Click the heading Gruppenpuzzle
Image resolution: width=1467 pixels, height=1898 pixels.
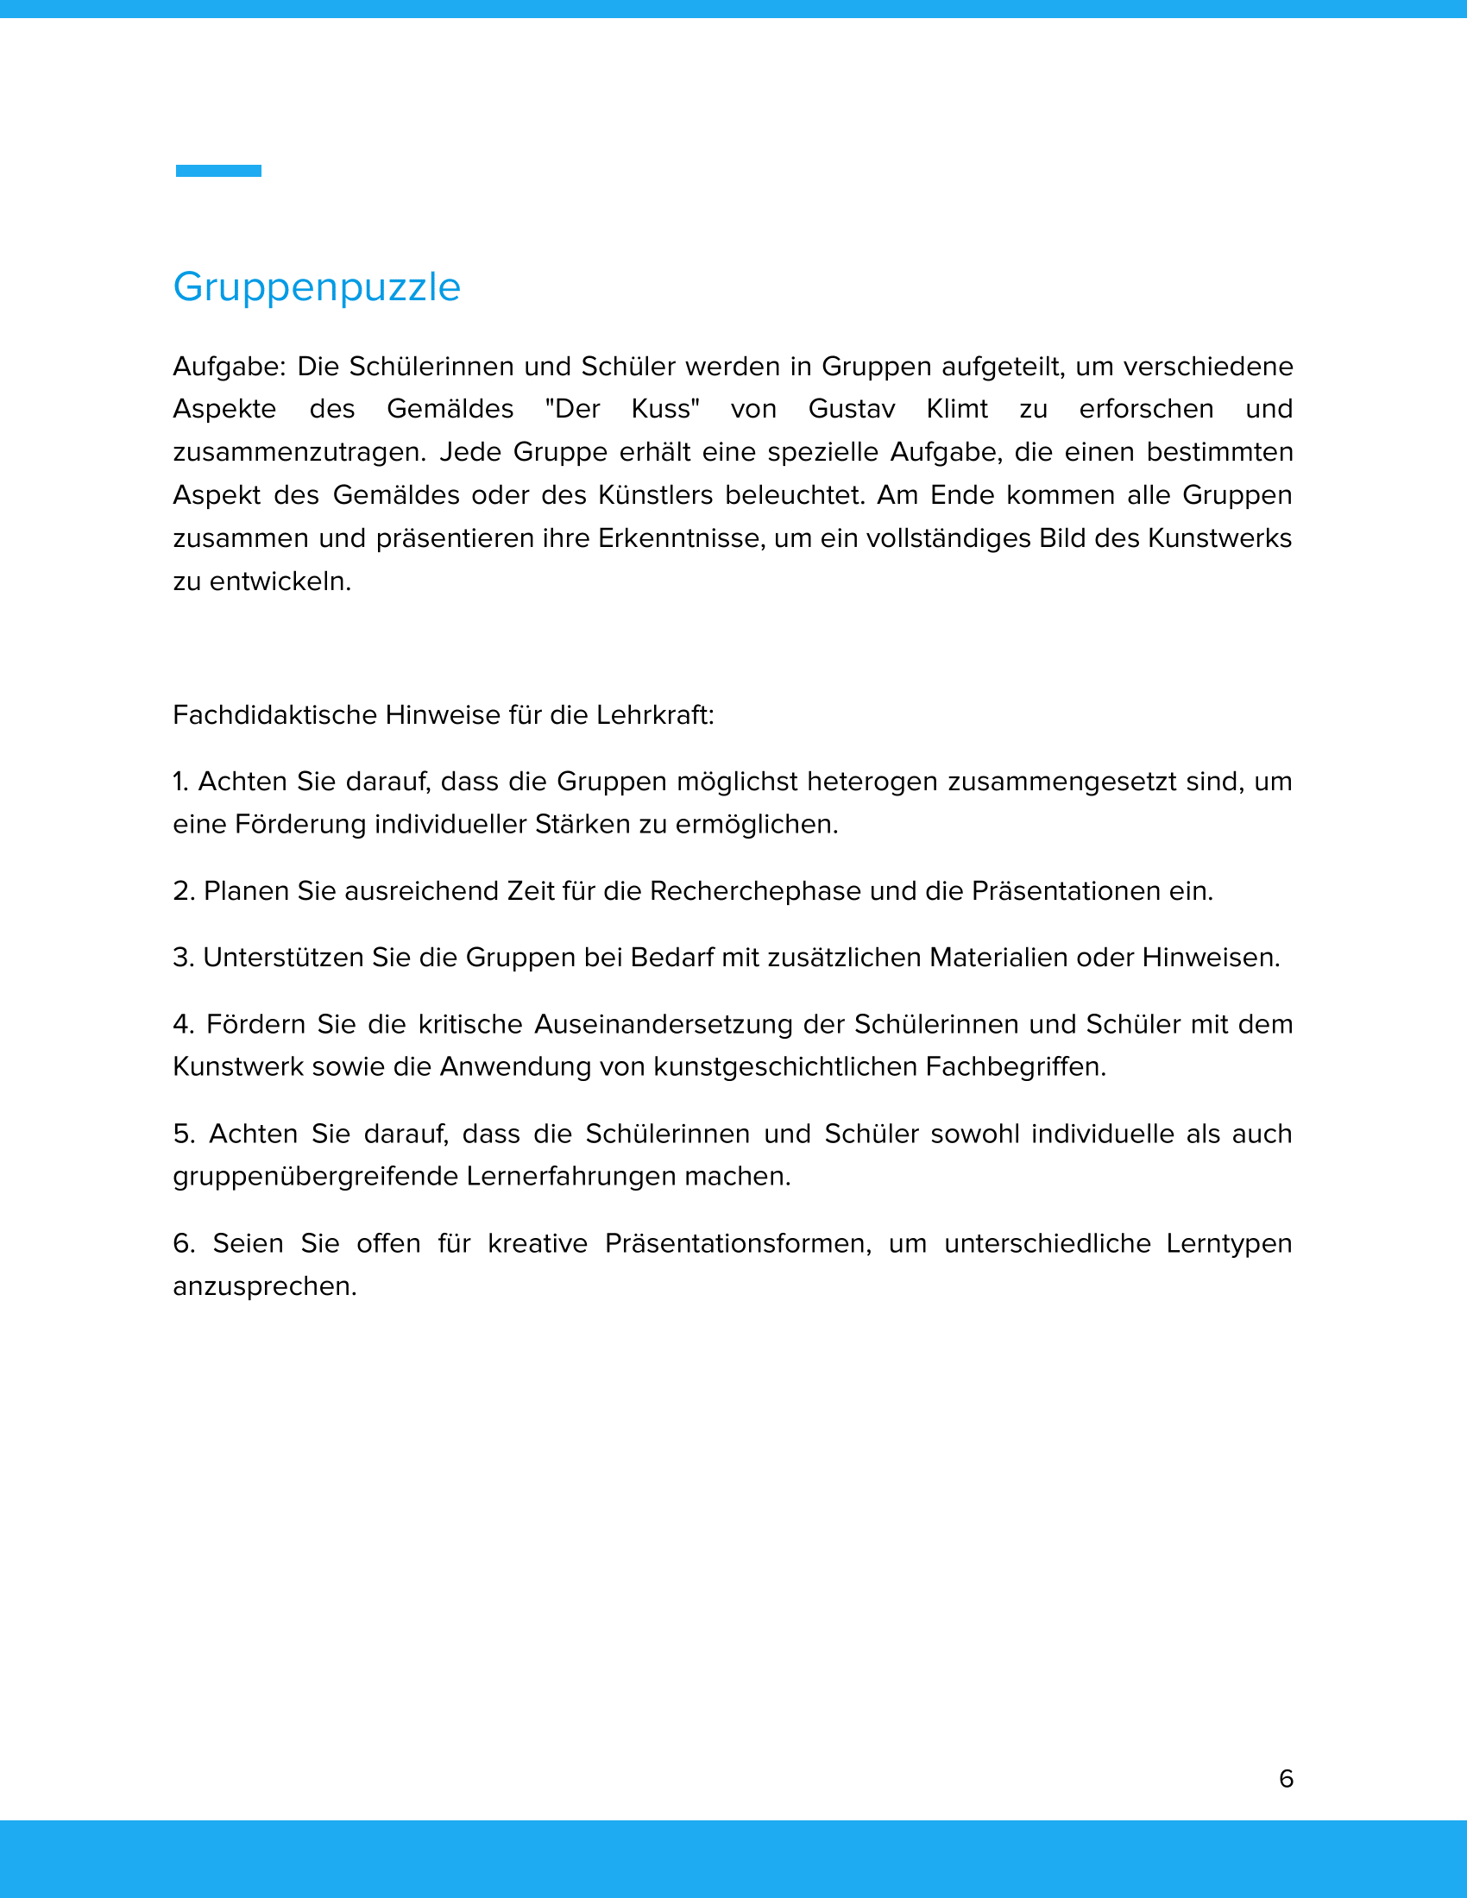pos(317,287)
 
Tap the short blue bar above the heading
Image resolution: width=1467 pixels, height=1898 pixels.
pos(218,171)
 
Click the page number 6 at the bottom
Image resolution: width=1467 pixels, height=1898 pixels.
pos(1287,1778)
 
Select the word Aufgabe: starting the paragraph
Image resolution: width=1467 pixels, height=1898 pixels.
pos(229,367)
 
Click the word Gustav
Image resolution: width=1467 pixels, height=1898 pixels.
pos(851,409)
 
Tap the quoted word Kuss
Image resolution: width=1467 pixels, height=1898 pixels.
pos(664,409)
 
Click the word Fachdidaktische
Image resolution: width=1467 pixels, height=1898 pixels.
pos(274,715)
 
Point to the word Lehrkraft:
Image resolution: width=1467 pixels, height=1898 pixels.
pos(655,715)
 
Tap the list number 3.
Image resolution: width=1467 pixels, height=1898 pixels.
pos(182,958)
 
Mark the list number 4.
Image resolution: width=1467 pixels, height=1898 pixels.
pos(182,1025)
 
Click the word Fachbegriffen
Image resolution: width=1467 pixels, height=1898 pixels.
pos(1015,1067)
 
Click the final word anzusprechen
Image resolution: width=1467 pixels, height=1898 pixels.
pos(264,1286)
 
